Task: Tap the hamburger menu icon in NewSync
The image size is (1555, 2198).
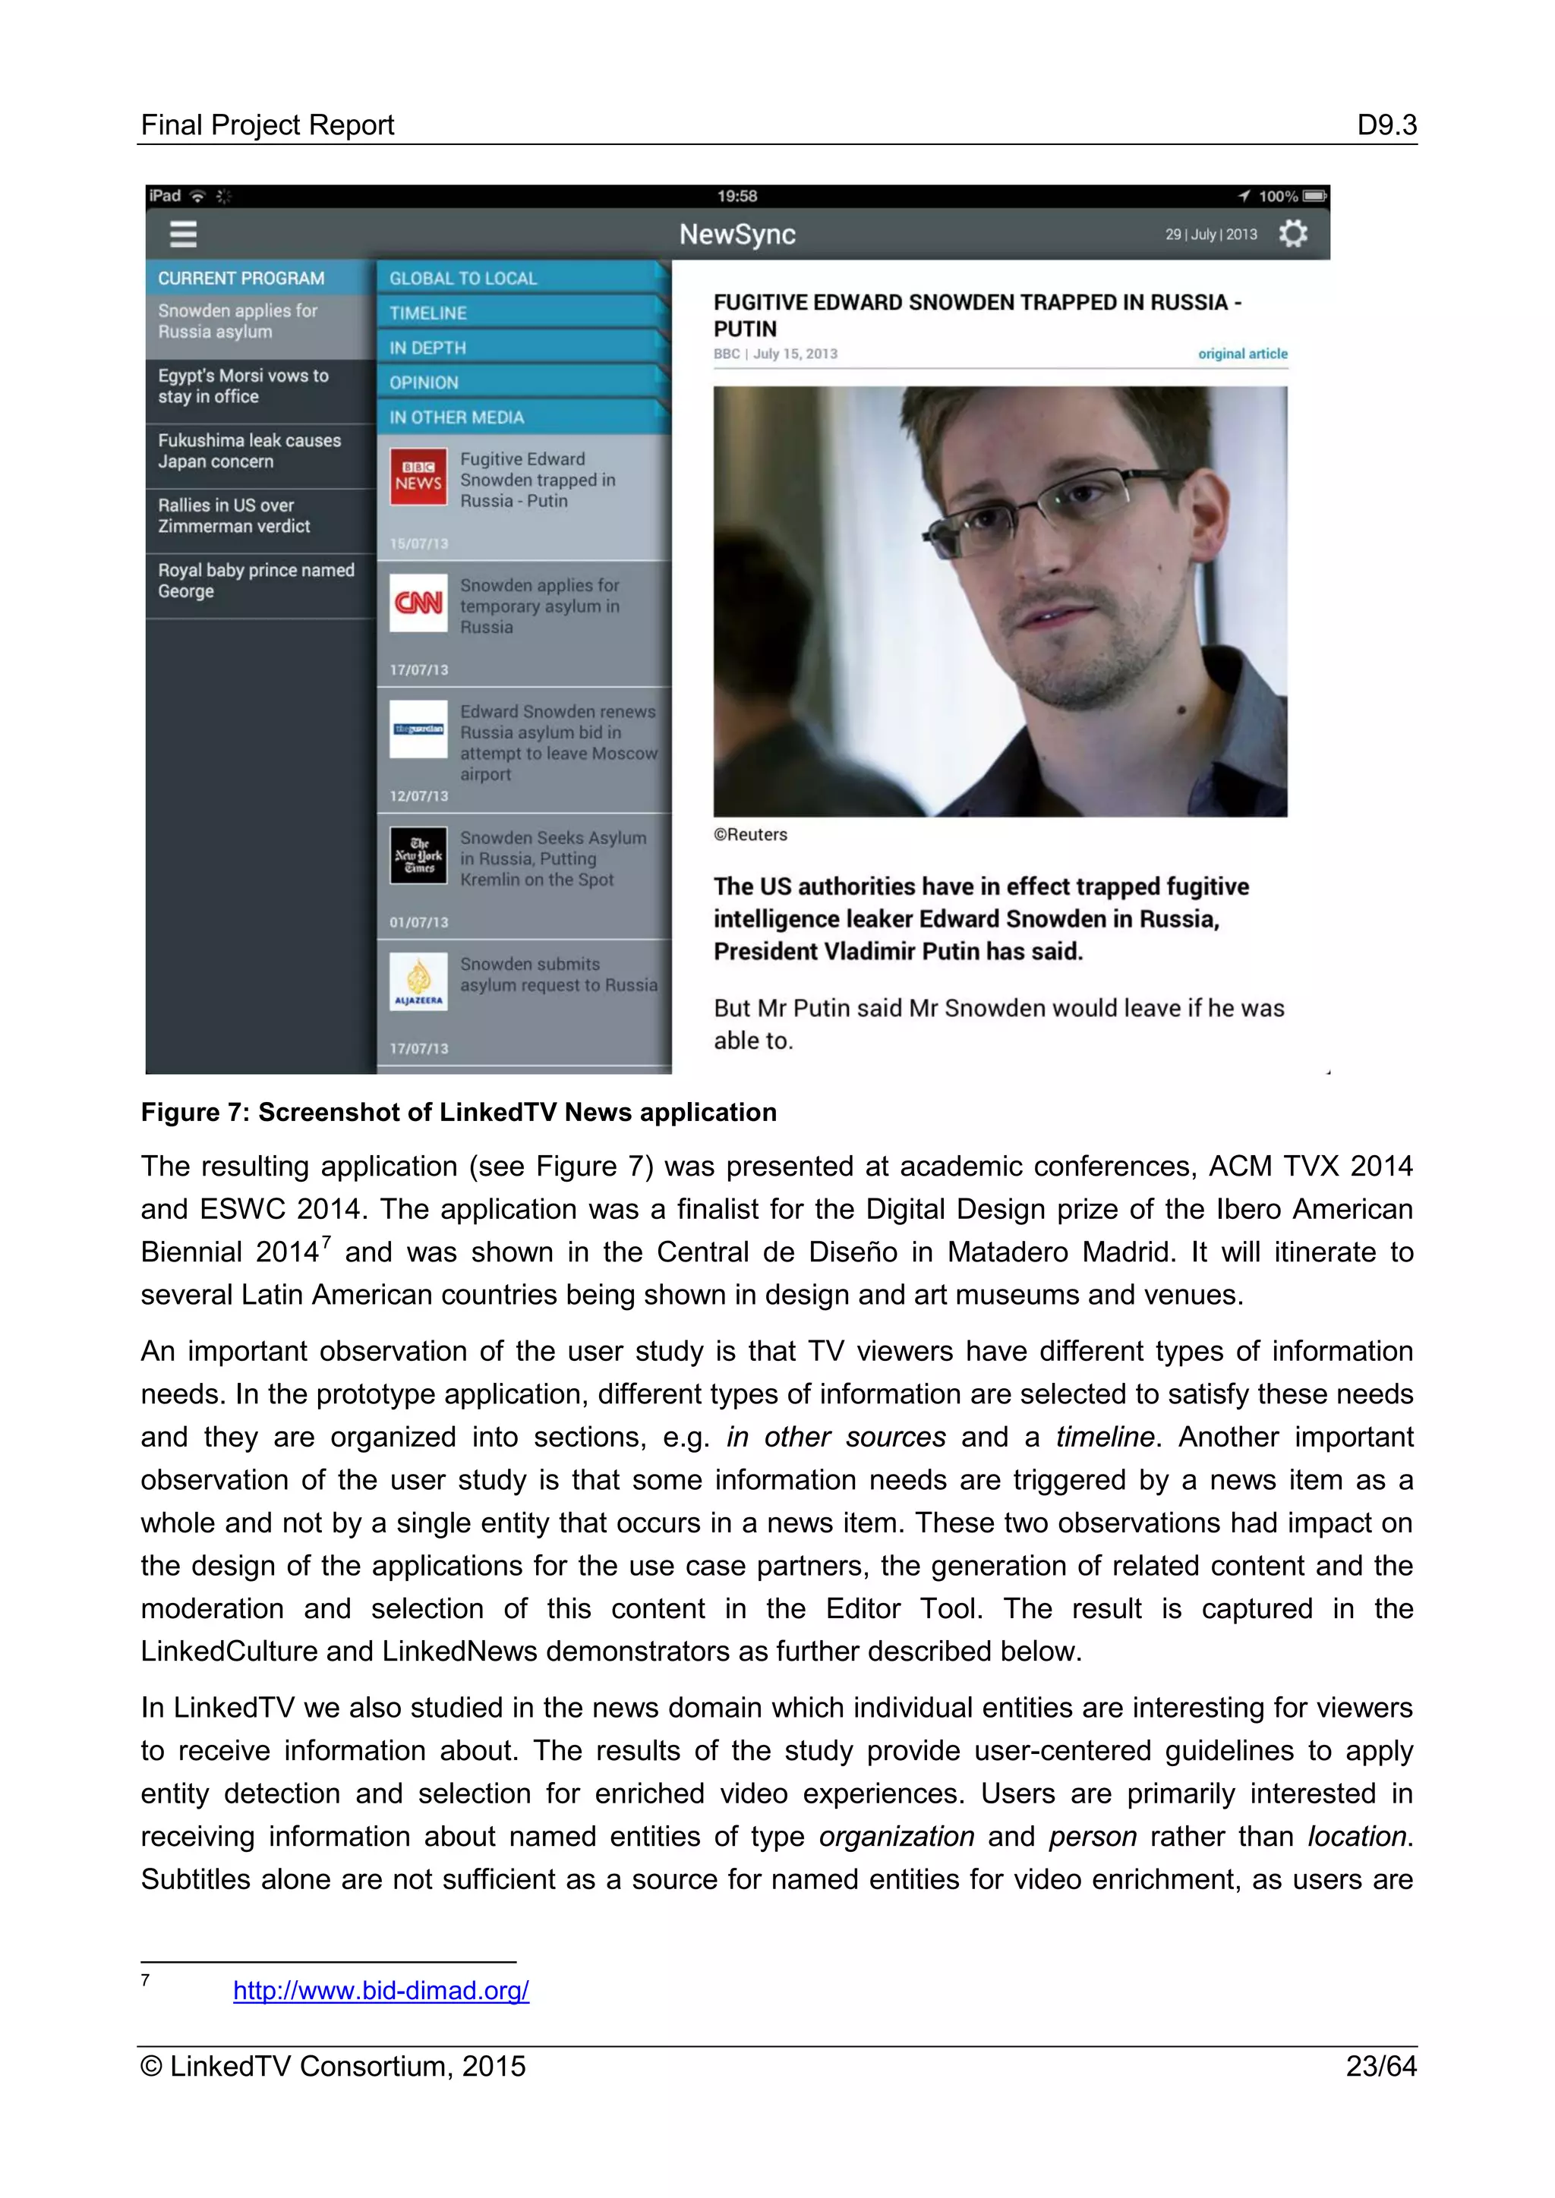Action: click(183, 234)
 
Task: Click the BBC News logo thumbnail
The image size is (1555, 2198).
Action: click(418, 477)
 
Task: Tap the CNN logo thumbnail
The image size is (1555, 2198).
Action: click(418, 603)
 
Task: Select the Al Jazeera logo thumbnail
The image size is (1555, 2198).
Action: click(418, 981)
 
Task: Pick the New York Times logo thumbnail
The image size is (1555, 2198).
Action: click(418, 855)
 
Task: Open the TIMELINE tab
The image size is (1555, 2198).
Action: click(428, 313)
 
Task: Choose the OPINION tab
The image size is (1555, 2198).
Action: click(424, 382)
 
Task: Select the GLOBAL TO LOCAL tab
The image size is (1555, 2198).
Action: click(463, 279)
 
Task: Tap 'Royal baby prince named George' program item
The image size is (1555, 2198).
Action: click(256, 580)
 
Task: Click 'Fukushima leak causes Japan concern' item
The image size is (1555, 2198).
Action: click(249, 451)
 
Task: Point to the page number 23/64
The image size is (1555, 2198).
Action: click(1380, 2066)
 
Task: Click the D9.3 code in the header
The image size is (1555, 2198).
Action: click(1386, 124)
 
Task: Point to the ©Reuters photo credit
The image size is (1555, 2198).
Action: click(751, 834)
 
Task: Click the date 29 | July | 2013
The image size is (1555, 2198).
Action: click(1210, 235)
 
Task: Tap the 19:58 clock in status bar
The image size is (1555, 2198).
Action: click(737, 197)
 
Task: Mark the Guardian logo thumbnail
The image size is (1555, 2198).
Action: click(418, 729)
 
